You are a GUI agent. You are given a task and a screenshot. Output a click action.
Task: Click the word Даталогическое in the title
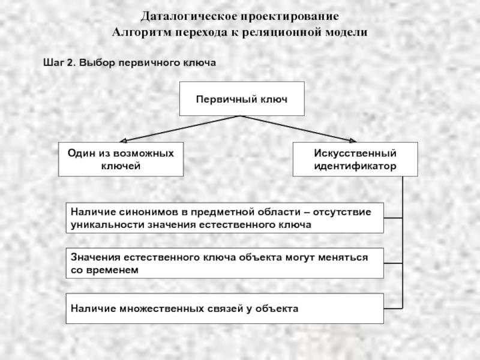189,17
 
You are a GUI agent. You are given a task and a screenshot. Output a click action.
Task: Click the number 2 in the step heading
71,62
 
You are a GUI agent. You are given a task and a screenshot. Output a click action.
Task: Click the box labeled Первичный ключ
242,98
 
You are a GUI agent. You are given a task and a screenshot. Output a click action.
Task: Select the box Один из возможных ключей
121,159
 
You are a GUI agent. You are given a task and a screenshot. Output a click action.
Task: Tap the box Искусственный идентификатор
355,159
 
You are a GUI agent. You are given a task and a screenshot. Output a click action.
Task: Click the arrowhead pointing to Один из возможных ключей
123,141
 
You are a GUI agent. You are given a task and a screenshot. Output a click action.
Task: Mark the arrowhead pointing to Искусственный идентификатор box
353,141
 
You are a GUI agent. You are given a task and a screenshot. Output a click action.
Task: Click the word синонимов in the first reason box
148,212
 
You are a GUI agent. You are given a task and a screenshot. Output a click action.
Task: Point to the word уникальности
108,224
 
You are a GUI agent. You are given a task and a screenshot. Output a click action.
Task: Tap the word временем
112,270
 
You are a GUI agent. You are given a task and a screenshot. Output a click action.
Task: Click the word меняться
343,257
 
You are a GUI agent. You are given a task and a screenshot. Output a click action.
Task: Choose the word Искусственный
355,153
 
